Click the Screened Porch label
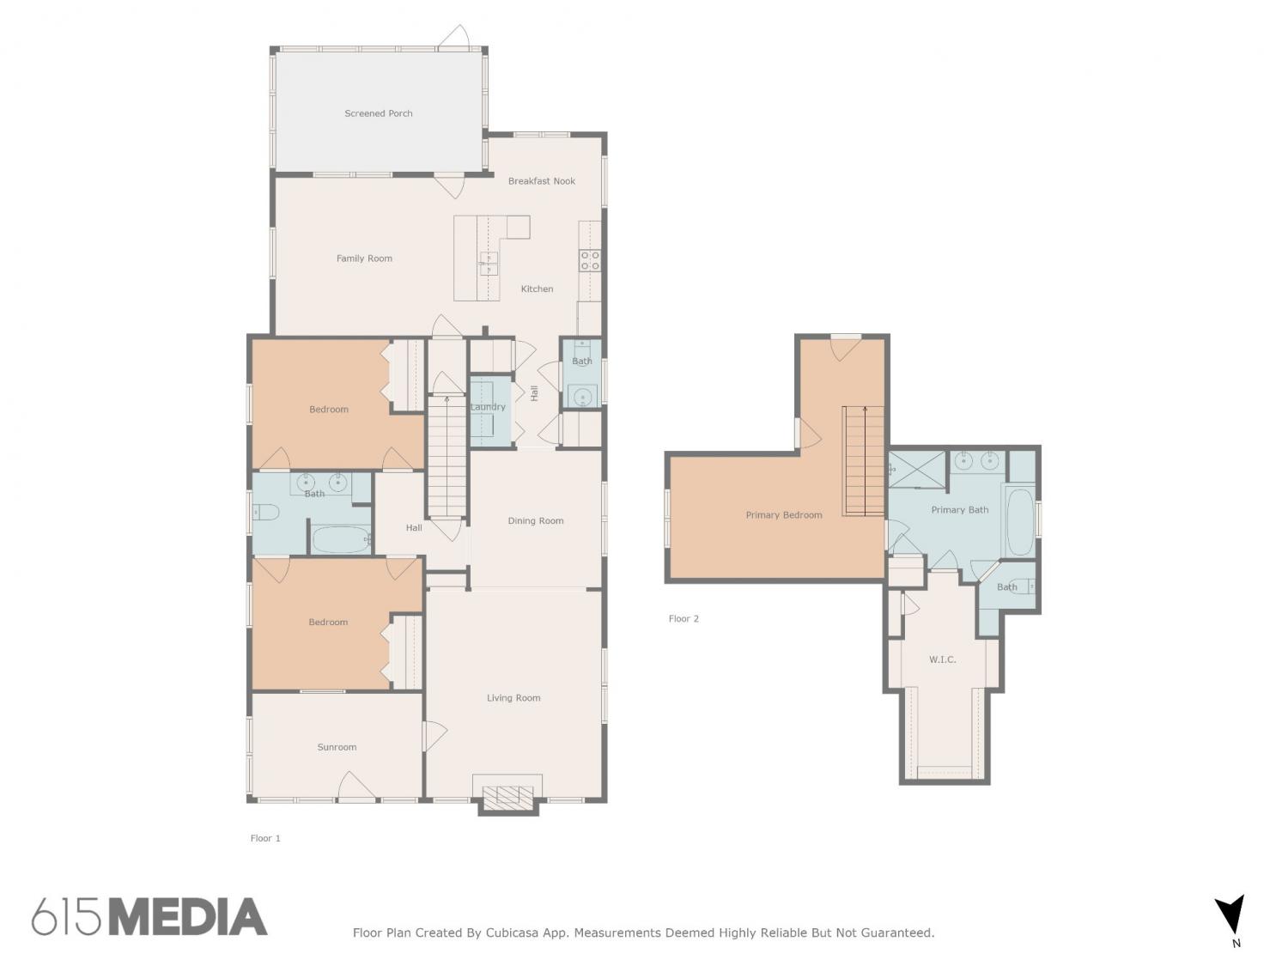coord(378,113)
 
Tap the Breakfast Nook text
coord(541,181)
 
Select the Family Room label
coord(364,258)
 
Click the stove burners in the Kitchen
coord(589,260)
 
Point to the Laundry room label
coord(488,406)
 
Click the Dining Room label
coord(535,520)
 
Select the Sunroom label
coord(337,747)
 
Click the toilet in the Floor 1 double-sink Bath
coord(266,513)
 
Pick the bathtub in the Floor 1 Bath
coord(340,539)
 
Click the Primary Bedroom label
coord(783,515)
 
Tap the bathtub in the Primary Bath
coord(1020,520)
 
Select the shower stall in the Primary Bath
coord(916,468)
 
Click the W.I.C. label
coord(942,659)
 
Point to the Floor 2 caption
coord(683,618)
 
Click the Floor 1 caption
coord(265,838)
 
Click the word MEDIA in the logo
coord(188,917)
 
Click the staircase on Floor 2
coord(863,460)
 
